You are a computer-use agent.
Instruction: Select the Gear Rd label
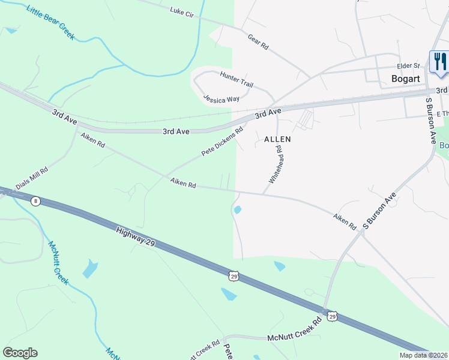point(258,42)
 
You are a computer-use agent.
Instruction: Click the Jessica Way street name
point(221,98)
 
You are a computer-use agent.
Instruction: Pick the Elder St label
point(407,67)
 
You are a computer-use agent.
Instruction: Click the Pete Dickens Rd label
point(222,142)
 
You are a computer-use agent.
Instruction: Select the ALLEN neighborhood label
point(277,139)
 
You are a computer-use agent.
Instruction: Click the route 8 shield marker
point(36,201)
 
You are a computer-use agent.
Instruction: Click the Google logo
point(20,353)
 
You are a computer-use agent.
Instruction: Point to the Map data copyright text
point(423,355)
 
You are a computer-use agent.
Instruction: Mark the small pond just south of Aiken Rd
point(238,210)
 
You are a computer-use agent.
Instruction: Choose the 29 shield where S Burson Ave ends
point(331,314)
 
